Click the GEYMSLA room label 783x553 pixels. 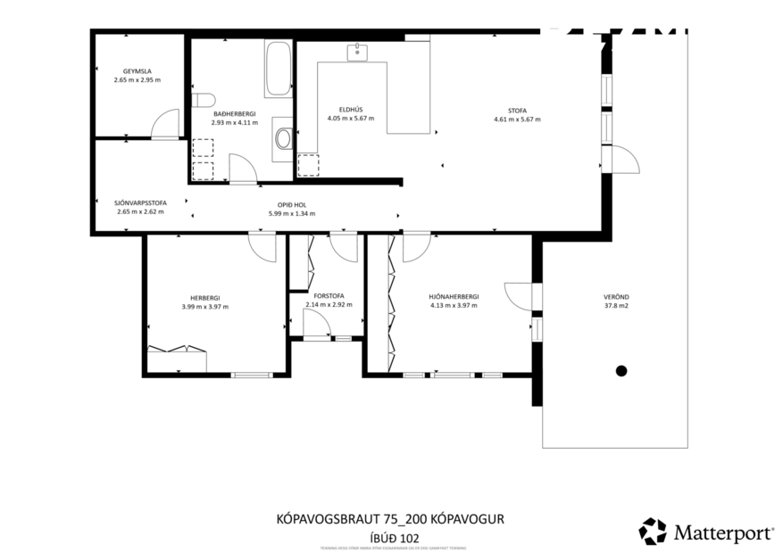click(x=137, y=71)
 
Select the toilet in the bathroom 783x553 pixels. click(x=201, y=100)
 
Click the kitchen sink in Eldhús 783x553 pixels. click(x=359, y=53)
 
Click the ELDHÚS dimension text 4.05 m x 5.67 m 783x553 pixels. click(x=350, y=118)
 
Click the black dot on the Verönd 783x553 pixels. click(x=621, y=370)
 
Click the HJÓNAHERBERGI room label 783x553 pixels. click(x=454, y=297)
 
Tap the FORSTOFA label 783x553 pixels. click(x=328, y=296)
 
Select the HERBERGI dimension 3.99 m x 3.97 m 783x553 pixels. click(x=204, y=306)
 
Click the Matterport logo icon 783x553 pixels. click(x=653, y=531)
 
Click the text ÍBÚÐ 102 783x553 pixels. click(x=394, y=537)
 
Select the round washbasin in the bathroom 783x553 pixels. click(x=284, y=138)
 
